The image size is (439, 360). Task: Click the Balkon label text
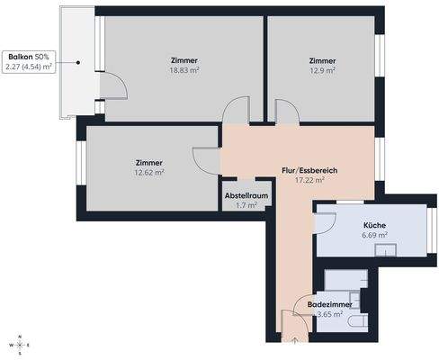coord(21,56)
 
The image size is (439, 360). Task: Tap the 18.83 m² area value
coord(184,70)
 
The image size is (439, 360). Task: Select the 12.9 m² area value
coord(321,70)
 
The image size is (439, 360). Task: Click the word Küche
coord(375,225)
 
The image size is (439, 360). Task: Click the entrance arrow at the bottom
coord(295,341)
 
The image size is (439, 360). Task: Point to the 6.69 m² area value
coord(375,236)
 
